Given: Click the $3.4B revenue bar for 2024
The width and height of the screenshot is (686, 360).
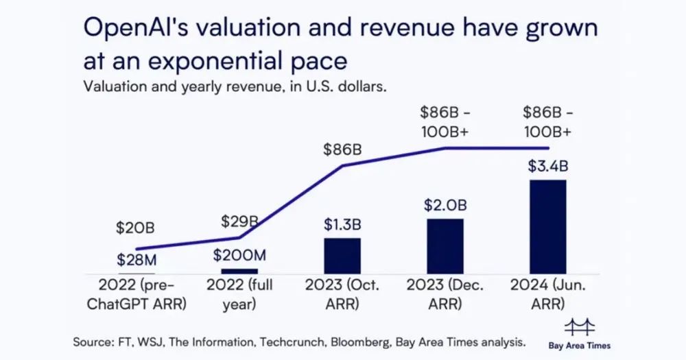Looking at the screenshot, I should click(547, 227).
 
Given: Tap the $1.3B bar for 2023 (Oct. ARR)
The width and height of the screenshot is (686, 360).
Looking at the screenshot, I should click(342, 256).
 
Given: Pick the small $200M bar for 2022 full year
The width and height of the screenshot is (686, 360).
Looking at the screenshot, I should click(239, 272).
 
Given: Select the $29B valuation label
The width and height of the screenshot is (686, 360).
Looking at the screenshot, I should click(239, 221).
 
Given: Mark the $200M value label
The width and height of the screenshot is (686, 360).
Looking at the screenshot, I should click(239, 255).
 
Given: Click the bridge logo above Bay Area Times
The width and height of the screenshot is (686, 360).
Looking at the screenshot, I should click(579, 327).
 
